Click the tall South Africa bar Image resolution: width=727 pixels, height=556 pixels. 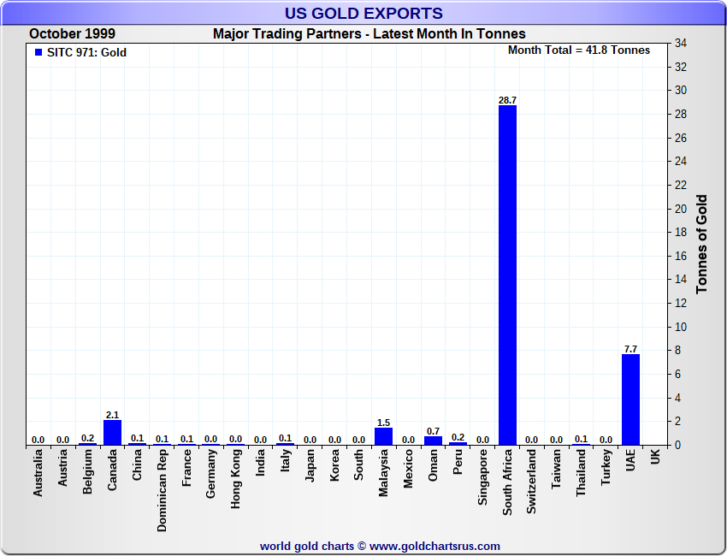tap(507, 274)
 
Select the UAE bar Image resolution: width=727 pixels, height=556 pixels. tap(630, 399)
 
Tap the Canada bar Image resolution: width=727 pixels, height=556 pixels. tap(112, 432)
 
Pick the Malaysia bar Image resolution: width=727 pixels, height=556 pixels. tap(383, 435)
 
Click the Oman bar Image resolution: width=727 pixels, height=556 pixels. tap(433, 440)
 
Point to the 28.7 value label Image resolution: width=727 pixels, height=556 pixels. tap(507, 100)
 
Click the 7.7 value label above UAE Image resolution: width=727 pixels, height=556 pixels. tap(630, 349)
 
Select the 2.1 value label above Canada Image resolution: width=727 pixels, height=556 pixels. tap(112, 415)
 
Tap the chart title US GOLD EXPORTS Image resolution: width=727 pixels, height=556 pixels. tap(363, 13)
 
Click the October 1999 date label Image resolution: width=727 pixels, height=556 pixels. tap(72, 34)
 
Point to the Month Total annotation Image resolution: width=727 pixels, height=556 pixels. tap(579, 50)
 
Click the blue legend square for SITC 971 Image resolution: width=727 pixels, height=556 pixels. tap(38, 52)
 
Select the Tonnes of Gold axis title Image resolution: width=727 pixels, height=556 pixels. tap(702, 245)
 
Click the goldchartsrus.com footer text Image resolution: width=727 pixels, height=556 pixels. tap(380, 546)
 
